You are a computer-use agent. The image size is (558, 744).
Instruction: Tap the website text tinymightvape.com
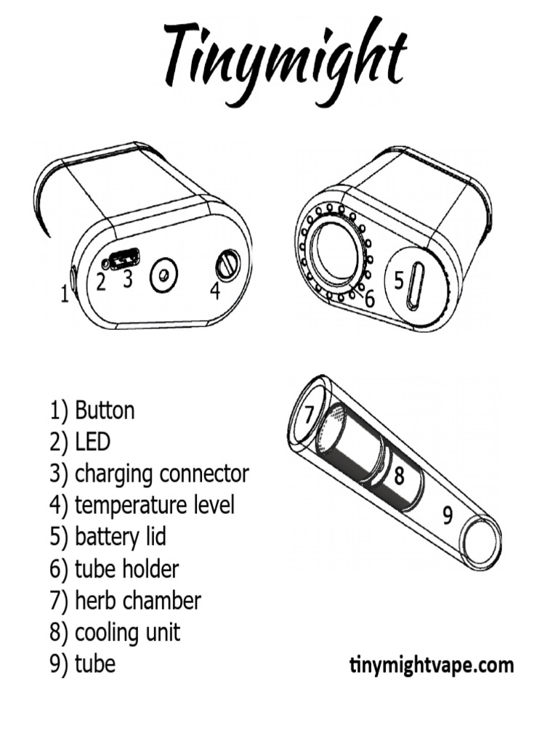[x=432, y=665]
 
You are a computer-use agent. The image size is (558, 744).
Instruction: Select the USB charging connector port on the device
[x=124, y=259]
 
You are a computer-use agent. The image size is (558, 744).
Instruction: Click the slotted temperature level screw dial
[x=227, y=264]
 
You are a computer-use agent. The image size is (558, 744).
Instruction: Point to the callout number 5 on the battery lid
[x=399, y=280]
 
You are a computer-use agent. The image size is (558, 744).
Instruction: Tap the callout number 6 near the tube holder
[x=370, y=299]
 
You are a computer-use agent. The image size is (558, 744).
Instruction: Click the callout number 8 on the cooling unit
[x=399, y=475]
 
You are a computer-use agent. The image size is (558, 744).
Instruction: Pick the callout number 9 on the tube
[x=447, y=516]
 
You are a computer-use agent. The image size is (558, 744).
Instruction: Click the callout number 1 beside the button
[x=65, y=294]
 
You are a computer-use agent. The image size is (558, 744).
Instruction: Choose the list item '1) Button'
[x=92, y=411]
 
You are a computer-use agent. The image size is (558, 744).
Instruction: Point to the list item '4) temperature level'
[x=142, y=506]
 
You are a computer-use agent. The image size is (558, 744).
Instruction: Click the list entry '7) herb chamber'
[x=125, y=601]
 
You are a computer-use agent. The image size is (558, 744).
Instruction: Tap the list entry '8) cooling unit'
[x=115, y=633]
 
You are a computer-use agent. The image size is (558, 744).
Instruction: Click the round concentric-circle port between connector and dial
[x=163, y=275]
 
